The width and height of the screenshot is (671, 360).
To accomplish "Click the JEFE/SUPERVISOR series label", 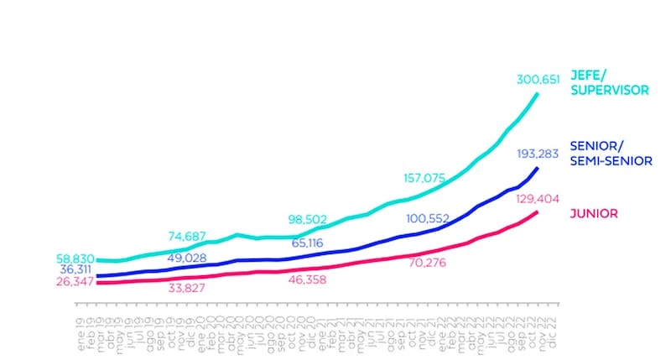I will [x=610, y=82].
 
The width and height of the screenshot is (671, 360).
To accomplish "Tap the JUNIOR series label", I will [x=594, y=213].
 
